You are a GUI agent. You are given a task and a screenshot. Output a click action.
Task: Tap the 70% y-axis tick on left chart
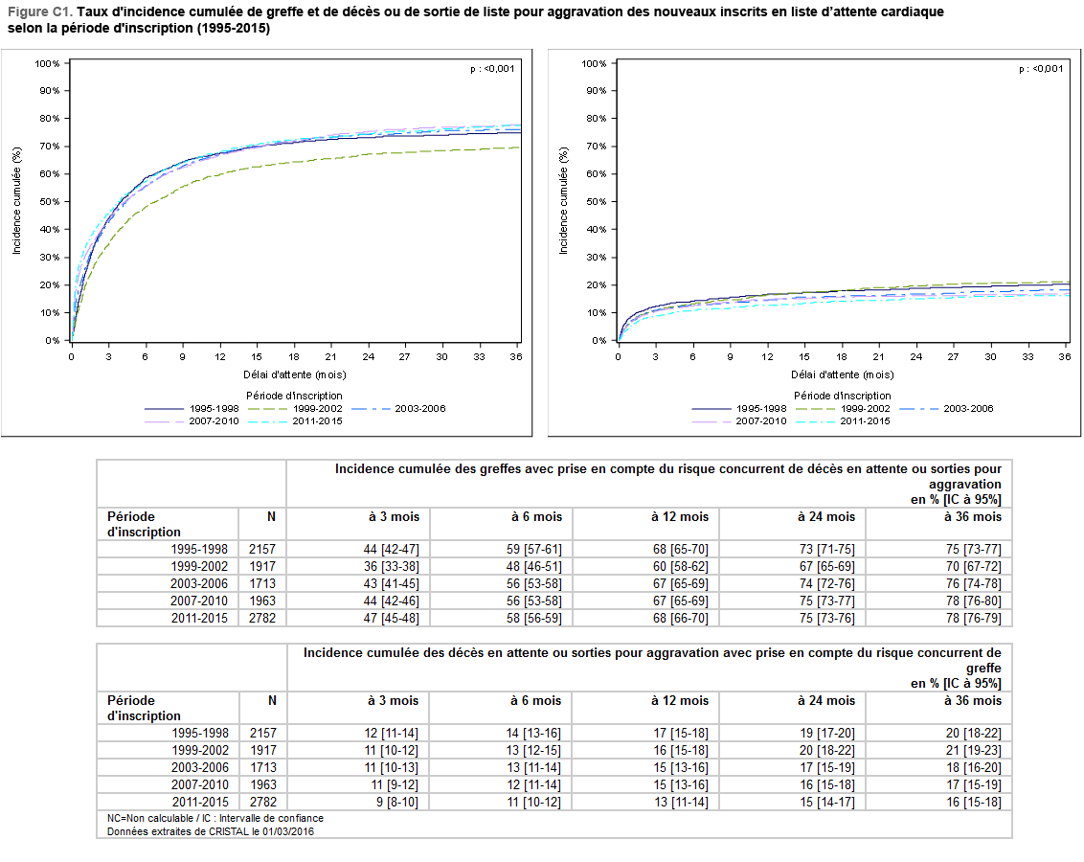coord(48,146)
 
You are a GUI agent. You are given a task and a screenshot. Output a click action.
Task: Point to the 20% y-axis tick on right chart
coord(595,285)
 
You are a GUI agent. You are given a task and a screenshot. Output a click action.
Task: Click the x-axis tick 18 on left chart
coord(293,356)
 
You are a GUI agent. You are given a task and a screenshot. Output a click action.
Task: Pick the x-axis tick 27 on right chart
coord(953,356)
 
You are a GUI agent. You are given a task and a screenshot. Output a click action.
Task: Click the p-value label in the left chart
coord(493,69)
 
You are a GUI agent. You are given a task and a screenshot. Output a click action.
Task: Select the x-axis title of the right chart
coord(843,374)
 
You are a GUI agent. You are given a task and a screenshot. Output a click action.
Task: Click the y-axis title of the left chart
coord(16,201)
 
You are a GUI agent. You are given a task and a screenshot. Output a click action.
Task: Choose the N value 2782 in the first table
coord(261,618)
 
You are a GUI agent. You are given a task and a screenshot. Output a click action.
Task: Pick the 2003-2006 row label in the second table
coord(200,767)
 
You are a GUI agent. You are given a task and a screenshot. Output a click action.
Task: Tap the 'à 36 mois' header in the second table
coord(973,700)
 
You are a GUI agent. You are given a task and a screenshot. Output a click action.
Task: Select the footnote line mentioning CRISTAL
coord(211,831)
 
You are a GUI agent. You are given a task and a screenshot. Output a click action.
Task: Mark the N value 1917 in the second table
coord(261,750)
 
